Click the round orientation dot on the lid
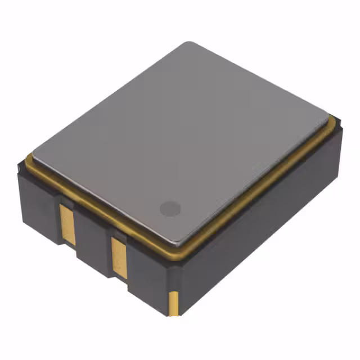click(169, 208)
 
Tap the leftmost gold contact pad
click(67, 224)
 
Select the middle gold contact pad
click(119, 257)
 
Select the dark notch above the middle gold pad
click(119, 232)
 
